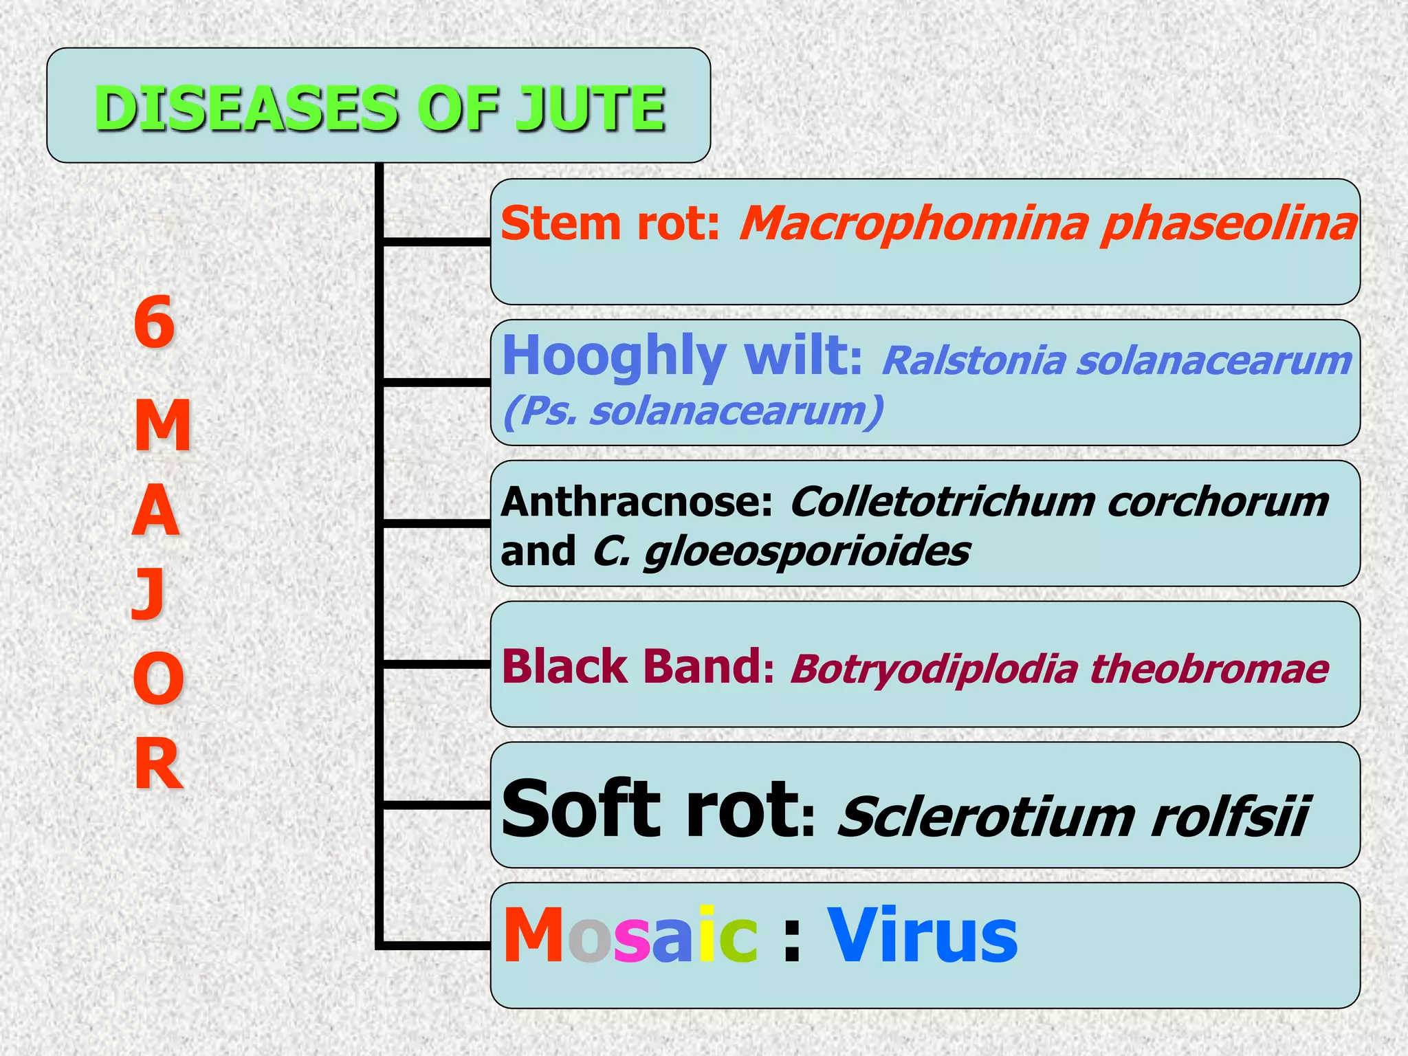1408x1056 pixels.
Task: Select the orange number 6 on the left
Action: coord(154,322)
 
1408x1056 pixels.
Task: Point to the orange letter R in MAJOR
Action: coord(158,763)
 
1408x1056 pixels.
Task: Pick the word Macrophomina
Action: coord(914,224)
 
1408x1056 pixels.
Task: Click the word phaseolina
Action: coord(1228,224)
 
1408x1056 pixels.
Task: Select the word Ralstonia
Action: coord(973,360)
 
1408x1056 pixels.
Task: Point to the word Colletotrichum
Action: coord(942,502)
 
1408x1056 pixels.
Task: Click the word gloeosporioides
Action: coord(807,551)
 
